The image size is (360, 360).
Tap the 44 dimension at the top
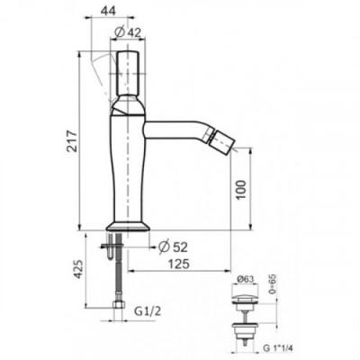(x=108, y=11)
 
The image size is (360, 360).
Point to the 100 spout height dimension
(x=240, y=190)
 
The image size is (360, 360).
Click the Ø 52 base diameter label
(x=173, y=247)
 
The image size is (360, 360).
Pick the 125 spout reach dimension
(x=178, y=265)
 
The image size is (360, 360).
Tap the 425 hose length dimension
(x=78, y=268)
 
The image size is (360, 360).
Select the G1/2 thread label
(x=148, y=311)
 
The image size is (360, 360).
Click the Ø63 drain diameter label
(x=246, y=279)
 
